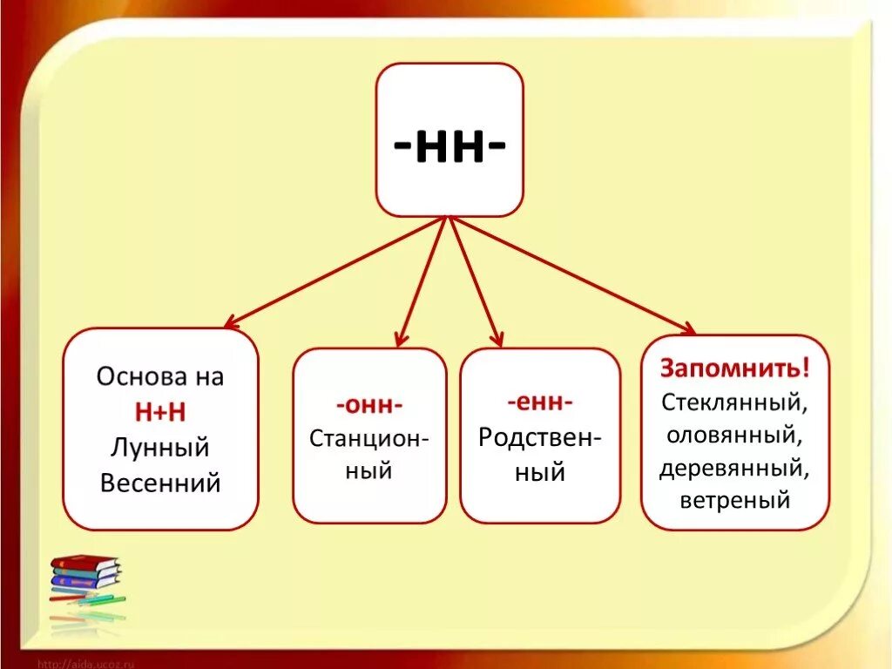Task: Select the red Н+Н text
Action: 160,412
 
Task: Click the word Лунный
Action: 160,447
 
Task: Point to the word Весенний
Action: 160,483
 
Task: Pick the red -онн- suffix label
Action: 368,405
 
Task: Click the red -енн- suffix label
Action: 540,402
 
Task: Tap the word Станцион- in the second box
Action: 368,437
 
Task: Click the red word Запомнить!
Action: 735,368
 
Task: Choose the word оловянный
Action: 735,434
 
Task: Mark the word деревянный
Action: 735,468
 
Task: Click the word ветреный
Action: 735,501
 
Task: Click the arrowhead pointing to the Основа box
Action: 230,324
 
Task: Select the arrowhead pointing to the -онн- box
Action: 400,340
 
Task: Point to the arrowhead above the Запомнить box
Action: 687,329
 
